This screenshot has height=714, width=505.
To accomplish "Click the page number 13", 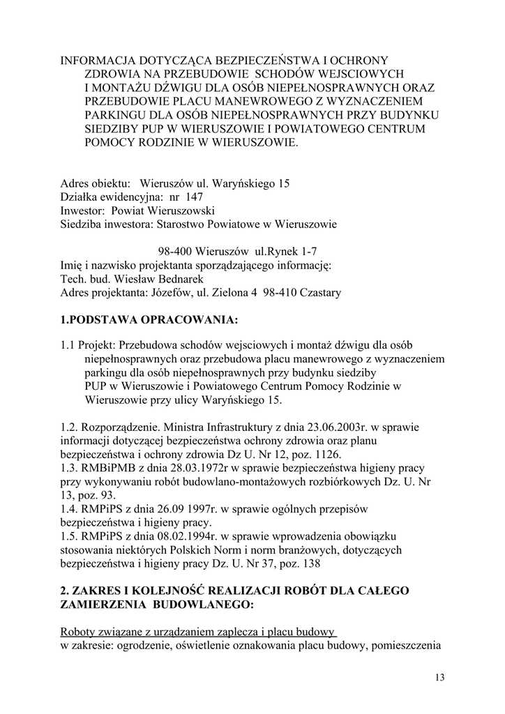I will (439, 676).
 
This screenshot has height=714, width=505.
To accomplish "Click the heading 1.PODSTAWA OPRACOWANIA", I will (149, 320).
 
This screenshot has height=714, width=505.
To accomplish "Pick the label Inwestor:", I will (82, 211).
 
